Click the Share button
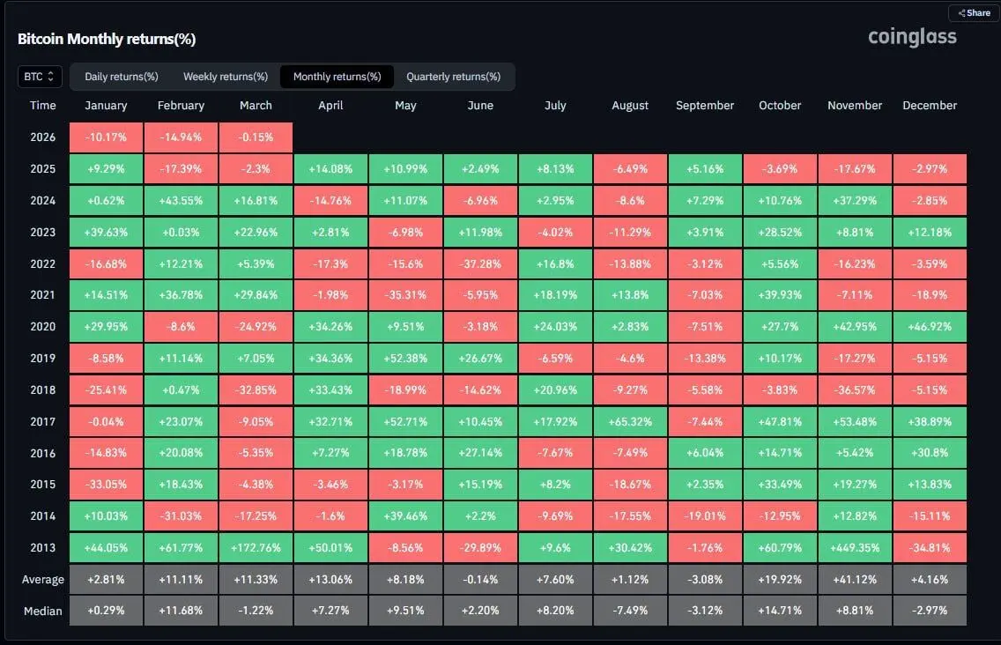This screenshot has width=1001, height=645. tap(974, 13)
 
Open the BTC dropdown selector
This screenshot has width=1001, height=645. tap(40, 77)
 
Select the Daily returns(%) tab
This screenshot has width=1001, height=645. tap(122, 77)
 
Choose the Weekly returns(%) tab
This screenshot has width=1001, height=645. tap(226, 77)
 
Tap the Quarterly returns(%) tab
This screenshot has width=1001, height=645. tap(453, 77)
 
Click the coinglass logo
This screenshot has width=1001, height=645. tap(912, 37)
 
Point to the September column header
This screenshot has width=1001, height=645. tap(705, 106)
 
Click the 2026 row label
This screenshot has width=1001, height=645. tap(42, 137)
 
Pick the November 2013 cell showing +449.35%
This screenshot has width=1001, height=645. tap(855, 547)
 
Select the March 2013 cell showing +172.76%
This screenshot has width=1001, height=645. tap(256, 547)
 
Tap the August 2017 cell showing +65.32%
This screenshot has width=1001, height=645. tap(630, 421)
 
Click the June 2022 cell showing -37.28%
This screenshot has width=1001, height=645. tap(480, 263)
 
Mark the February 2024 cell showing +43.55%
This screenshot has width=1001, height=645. tap(181, 200)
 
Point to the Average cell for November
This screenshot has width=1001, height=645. tap(855, 579)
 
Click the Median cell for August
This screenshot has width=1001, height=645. tap(630, 611)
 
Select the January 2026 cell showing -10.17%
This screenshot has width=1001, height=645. tap(106, 137)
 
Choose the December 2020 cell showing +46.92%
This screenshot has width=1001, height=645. tap(930, 326)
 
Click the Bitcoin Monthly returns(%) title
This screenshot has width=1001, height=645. tap(107, 39)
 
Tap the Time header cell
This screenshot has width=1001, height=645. tap(42, 106)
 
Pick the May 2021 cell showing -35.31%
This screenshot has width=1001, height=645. tap(405, 295)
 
